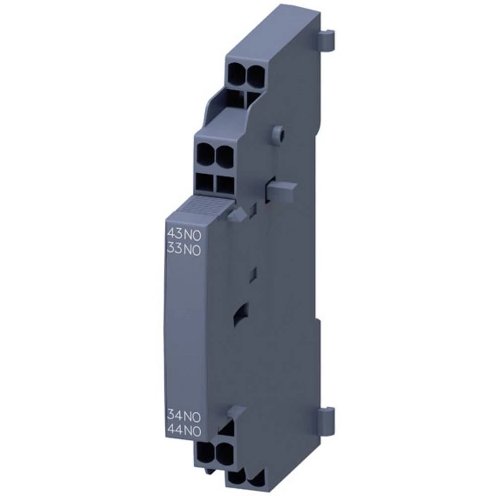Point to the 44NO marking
pos(183,431)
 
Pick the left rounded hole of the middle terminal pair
pos(207,155)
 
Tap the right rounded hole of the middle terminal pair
pos(225,157)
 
